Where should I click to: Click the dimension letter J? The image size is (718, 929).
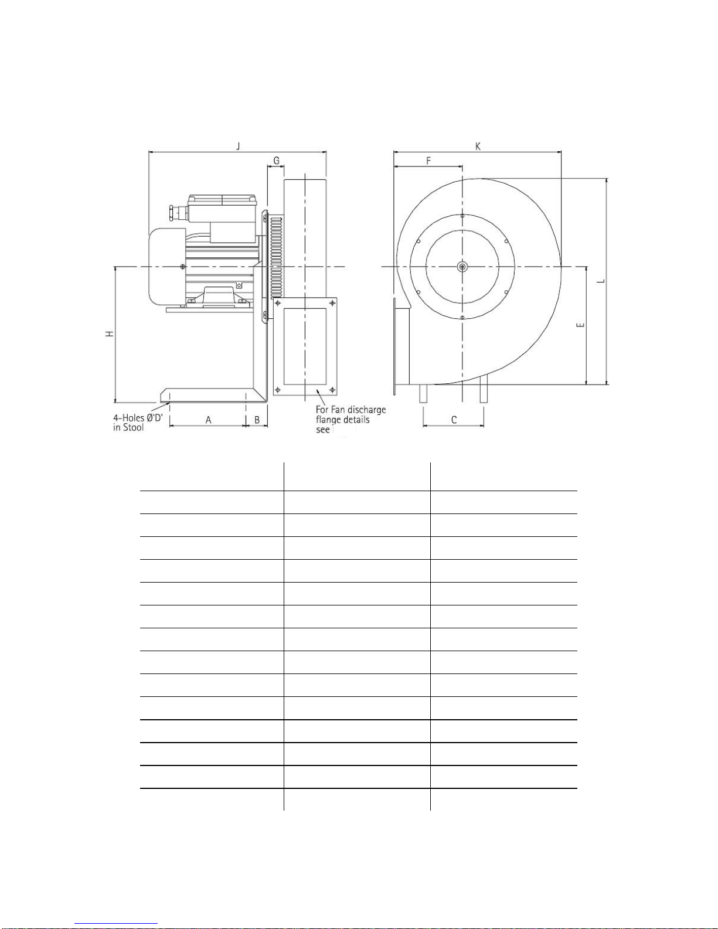pyautogui.click(x=238, y=146)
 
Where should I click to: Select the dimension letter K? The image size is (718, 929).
pyautogui.click(x=478, y=146)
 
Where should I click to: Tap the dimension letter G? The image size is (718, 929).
pyautogui.click(x=277, y=161)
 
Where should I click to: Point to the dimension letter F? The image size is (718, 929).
pyautogui.click(x=428, y=161)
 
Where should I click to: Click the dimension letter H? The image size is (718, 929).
pyautogui.click(x=110, y=334)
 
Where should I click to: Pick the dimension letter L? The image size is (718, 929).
pyautogui.click(x=601, y=281)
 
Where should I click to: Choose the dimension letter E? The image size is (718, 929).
pyautogui.click(x=580, y=325)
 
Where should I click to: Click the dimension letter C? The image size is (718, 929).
pyautogui.click(x=454, y=420)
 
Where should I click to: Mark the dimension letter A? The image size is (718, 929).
pyautogui.click(x=208, y=420)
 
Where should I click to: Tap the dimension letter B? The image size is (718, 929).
pyautogui.click(x=257, y=420)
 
